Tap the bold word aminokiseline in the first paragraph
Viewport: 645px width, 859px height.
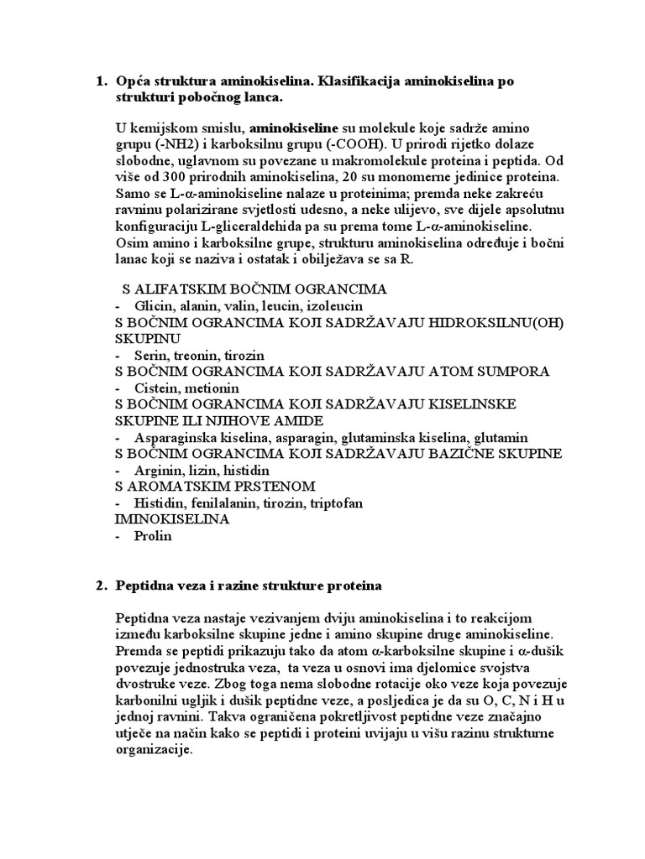click(x=291, y=128)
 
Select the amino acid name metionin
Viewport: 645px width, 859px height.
click(x=212, y=388)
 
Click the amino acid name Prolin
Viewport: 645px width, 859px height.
click(x=152, y=535)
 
